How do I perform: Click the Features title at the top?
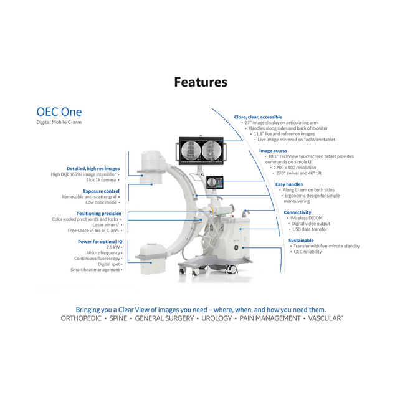tap(201, 82)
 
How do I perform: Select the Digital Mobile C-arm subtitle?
tap(59, 122)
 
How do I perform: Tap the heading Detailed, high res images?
tap(93, 169)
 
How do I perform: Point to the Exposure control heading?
tap(101, 191)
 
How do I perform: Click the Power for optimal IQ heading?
tap(100, 241)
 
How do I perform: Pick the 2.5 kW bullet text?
tap(113, 247)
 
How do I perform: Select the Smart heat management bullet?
tap(95, 270)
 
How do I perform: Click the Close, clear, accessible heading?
tap(258, 117)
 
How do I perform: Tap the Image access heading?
tap(273, 151)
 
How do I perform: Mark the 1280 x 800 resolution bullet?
tap(297, 168)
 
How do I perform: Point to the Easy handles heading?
tap(289, 184)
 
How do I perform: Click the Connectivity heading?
tap(297, 212)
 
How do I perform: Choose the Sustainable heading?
tap(301, 241)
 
